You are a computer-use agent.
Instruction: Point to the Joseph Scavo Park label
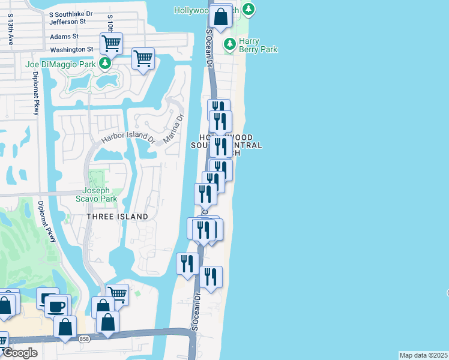[100, 195]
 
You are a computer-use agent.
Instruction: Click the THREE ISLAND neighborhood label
[117, 217]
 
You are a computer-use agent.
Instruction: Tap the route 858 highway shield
[84, 340]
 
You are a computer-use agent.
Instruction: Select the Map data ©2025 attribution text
[423, 355]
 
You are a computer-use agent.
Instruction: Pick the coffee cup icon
[57, 307]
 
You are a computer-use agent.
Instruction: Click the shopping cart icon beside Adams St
[111, 43]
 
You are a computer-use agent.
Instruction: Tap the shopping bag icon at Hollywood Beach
[221, 17]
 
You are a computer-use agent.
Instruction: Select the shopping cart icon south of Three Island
[117, 295]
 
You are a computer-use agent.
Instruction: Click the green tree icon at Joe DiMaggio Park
[106, 64]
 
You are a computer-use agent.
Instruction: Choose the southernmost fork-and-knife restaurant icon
[211, 277]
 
